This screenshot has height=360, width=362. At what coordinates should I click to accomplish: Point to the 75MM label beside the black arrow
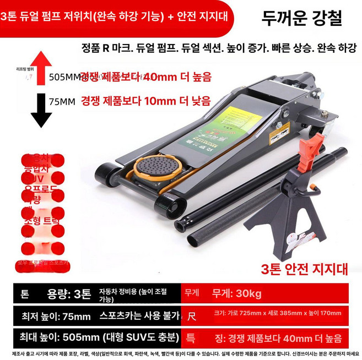62,101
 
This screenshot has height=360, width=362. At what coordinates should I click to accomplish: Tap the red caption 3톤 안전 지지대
305,269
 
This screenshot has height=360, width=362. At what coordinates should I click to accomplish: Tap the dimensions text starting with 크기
278,313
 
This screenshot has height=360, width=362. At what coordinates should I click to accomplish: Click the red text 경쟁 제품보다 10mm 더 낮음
145,101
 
